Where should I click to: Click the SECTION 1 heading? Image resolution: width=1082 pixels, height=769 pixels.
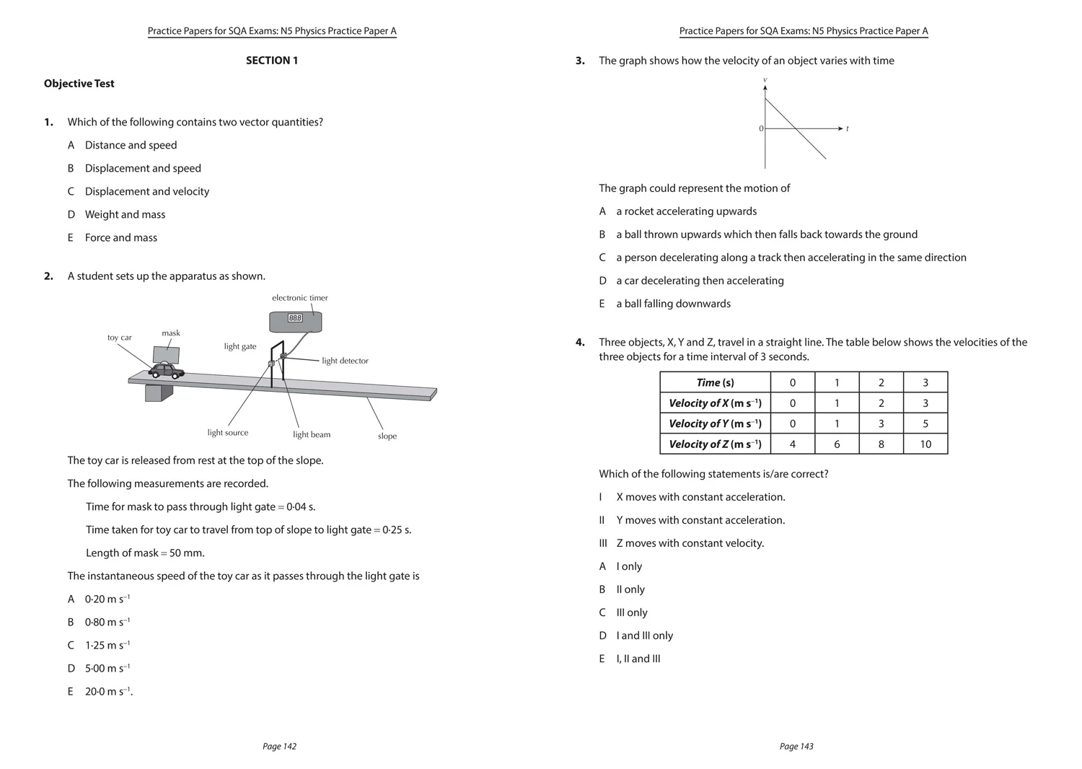tap(271, 61)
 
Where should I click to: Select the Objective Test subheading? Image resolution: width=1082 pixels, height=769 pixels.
tap(79, 84)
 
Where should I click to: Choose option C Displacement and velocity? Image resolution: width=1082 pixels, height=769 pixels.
tap(146, 191)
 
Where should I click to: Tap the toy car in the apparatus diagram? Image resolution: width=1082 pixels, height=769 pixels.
tap(166, 370)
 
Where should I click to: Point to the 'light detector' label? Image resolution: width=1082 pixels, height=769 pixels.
tap(345, 361)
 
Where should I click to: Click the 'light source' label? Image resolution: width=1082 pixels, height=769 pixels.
tap(227, 433)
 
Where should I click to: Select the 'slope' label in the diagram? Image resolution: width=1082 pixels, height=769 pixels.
tap(387, 436)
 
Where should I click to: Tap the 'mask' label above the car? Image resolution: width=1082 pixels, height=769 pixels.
tap(171, 333)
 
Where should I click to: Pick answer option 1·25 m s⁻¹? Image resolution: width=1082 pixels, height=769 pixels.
tap(107, 646)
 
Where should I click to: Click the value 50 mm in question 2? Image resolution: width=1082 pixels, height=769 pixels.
tap(186, 553)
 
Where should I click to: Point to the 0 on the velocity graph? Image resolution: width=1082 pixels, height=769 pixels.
tap(761, 128)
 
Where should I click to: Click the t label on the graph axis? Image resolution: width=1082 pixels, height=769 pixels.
tap(847, 128)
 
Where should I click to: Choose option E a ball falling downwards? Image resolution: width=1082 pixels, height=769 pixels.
tap(672, 304)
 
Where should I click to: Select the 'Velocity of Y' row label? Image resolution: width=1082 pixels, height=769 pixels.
tap(714, 423)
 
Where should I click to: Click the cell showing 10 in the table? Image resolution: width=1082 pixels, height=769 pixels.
tap(925, 444)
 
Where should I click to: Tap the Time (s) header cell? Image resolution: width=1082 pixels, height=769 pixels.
tap(714, 383)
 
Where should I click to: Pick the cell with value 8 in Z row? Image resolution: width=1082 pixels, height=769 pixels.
tap(880, 444)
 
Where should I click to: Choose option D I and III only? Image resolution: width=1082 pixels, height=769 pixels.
tap(643, 636)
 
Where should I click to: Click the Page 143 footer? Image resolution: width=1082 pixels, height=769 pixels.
tap(796, 747)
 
